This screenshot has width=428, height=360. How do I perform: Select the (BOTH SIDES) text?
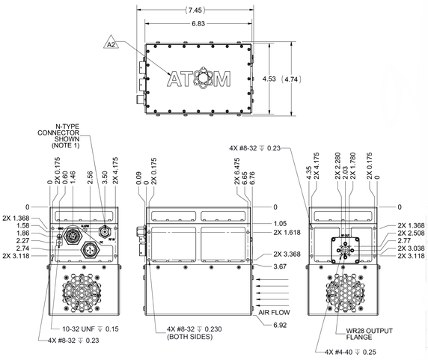[183, 337]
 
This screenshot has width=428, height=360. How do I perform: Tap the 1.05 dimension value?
[281, 223]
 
